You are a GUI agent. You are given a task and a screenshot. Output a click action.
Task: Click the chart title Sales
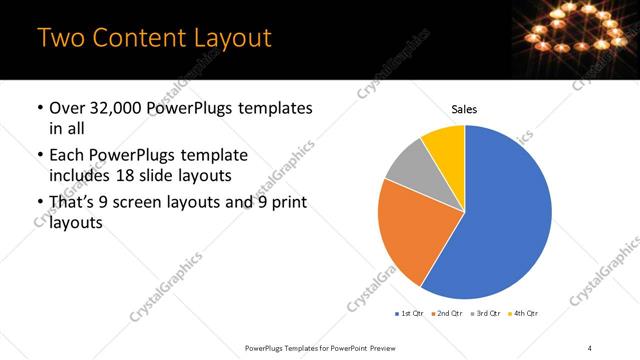pos(465,108)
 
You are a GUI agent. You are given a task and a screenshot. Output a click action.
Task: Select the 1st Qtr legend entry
pos(410,314)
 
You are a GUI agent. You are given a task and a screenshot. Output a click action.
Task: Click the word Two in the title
pos(59,38)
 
